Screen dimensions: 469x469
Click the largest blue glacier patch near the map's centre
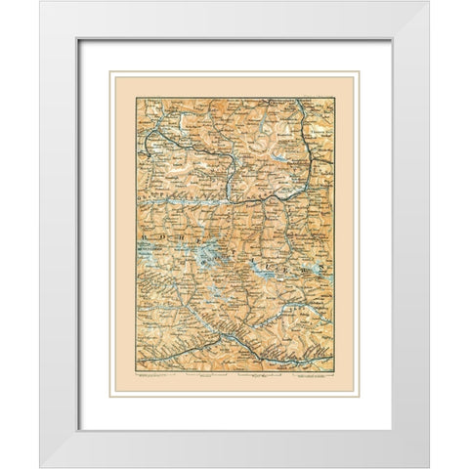(x=207, y=257)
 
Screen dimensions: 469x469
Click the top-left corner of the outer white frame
(x=40, y=2)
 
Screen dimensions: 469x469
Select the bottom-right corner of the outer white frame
(x=429, y=467)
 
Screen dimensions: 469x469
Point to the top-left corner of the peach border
(x=110, y=71)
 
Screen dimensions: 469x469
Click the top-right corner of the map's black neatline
(x=330, y=98)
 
